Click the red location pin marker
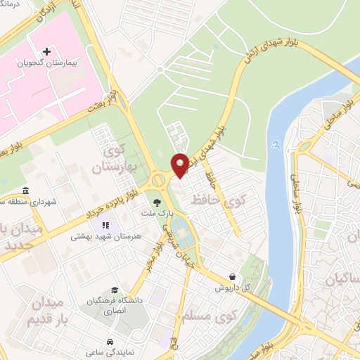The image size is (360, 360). coord(180,165)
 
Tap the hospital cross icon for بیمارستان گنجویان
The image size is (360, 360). coord(46,51)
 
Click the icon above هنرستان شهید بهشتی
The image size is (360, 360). coord(105,226)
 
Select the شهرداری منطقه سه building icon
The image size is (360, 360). coord(26,191)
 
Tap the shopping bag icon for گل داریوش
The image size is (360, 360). coord(232,276)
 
